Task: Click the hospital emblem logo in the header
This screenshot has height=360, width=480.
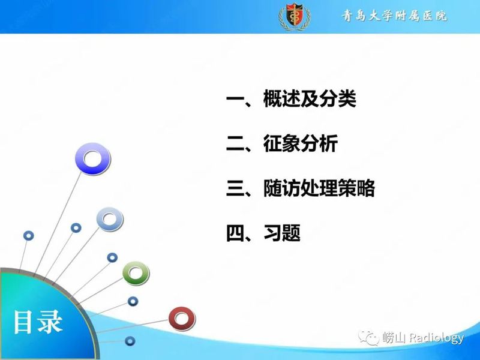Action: coord(295,17)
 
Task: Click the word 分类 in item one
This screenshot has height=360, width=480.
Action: coord(339,100)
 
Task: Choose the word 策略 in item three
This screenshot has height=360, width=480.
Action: coord(358,189)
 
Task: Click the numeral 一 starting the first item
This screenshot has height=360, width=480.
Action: coord(235,100)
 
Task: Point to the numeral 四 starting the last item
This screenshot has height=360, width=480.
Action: coord(235,233)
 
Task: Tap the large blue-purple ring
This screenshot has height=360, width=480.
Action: coord(92,159)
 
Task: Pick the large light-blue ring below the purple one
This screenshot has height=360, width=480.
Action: coord(110,219)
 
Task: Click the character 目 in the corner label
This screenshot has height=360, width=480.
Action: coord(25,322)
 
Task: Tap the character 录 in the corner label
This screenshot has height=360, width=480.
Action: coord(51,322)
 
